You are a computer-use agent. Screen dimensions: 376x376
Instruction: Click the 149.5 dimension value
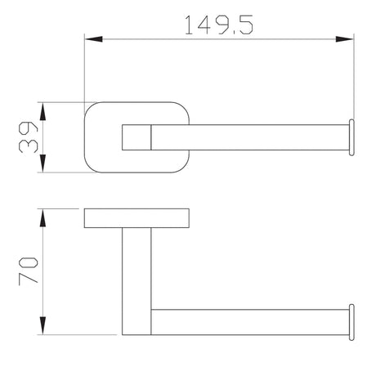click(219, 25)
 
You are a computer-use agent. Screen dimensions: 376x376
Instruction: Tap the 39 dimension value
click(29, 137)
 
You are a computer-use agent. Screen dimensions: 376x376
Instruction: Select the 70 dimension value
click(29, 271)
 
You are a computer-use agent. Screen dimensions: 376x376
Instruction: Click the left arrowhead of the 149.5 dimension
click(93, 39)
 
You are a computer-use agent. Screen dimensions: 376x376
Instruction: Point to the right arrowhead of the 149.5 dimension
click(344, 39)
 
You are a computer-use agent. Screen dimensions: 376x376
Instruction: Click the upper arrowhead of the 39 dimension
click(43, 111)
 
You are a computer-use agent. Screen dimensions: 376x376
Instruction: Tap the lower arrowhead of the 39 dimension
click(43, 163)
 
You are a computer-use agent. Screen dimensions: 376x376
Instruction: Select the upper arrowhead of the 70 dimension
click(43, 218)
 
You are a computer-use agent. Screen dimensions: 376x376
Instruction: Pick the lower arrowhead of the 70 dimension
click(43, 325)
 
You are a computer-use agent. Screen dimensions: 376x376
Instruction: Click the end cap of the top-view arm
click(351, 137)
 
